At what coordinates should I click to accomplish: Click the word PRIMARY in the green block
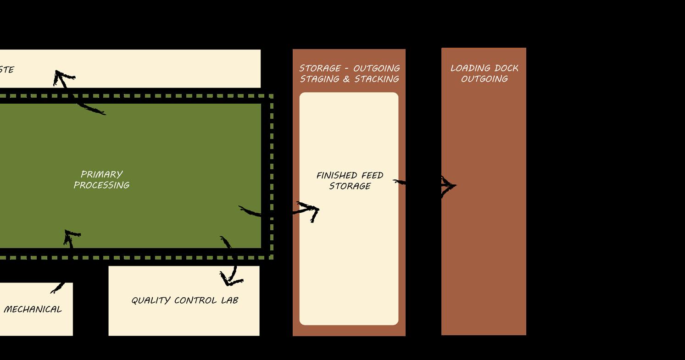[101, 174]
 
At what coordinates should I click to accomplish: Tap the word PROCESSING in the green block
[101, 185]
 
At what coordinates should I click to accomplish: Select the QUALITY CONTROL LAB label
[184, 300]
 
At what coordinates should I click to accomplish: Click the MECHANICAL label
[33, 309]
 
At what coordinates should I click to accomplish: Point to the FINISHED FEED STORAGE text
[350, 181]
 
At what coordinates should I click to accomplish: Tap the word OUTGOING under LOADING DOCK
[484, 79]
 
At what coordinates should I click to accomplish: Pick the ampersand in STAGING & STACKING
[347, 79]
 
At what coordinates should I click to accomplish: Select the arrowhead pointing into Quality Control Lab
[230, 279]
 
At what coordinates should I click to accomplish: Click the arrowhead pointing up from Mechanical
[71, 236]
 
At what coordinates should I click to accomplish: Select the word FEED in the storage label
[372, 175]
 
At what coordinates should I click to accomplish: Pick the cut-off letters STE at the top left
[6, 70]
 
